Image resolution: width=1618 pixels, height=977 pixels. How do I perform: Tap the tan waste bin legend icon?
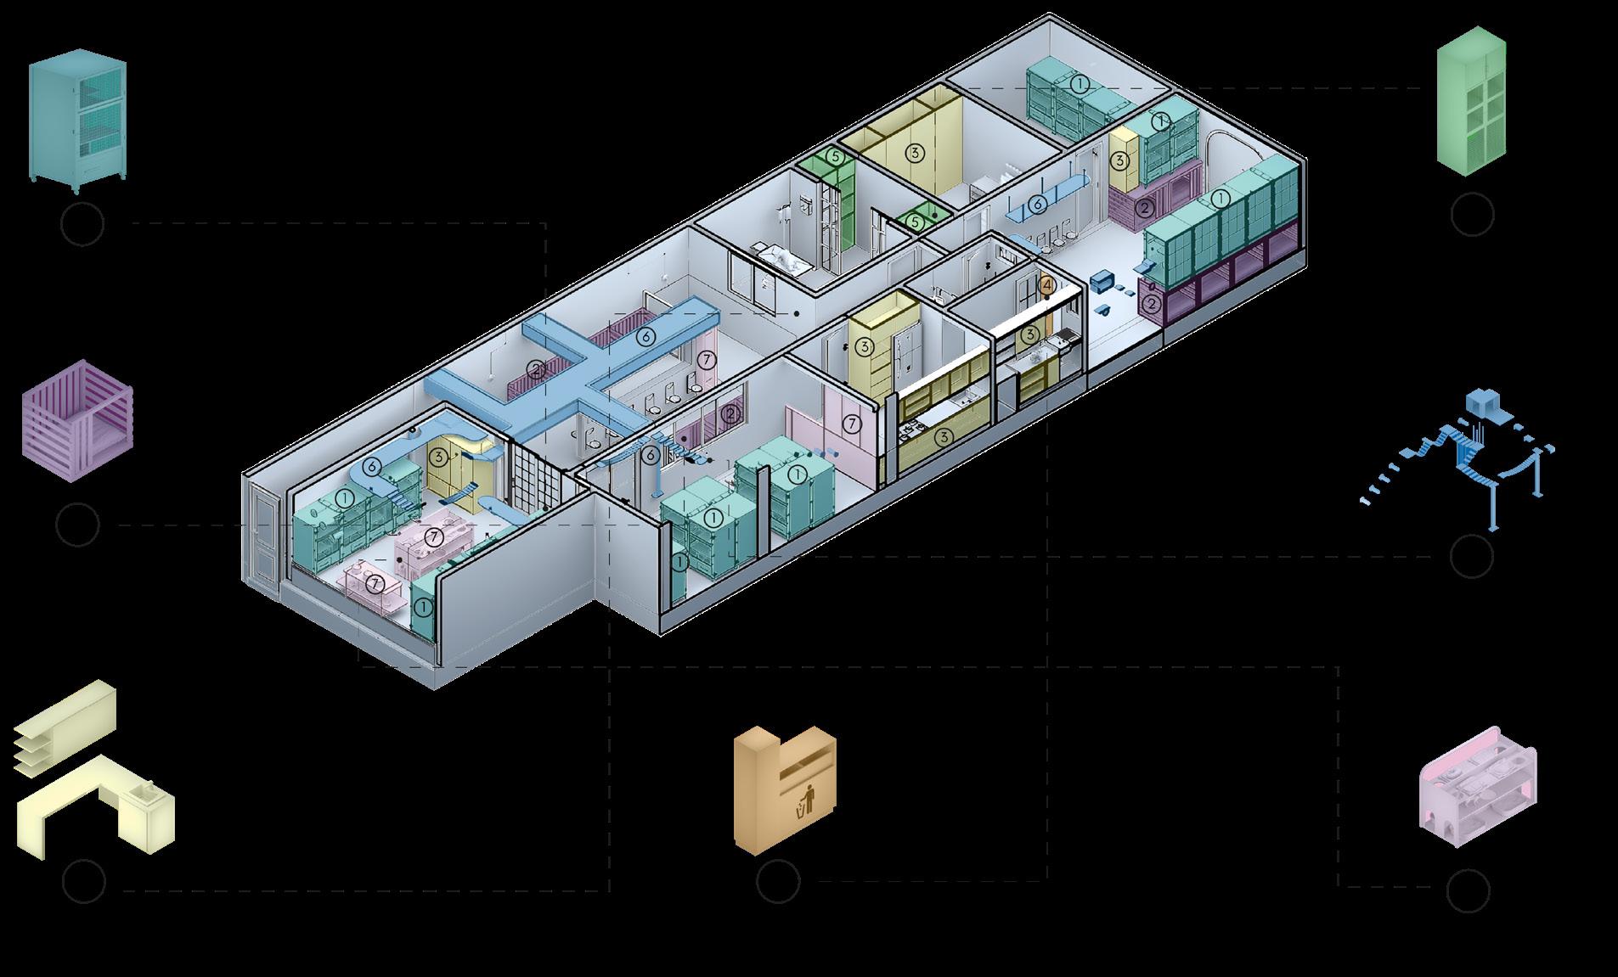(x=785, y=789)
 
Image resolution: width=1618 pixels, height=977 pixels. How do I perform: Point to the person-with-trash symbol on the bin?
(x=806, y=798)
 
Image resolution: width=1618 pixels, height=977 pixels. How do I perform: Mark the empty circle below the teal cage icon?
(x=83, y=224)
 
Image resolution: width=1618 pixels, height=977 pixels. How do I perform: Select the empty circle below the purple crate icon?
(x=77, y=525)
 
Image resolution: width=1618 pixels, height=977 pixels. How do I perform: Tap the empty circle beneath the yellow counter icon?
(x=84, y=882)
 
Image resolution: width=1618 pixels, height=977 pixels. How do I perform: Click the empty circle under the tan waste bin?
(x=777, y=881)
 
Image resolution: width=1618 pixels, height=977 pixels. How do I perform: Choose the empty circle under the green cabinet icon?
(x=1472, y=214)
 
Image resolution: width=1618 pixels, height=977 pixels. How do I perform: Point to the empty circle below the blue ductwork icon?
(x=1471, y=556)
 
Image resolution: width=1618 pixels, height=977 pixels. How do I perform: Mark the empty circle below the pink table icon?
(x=1469, y=888)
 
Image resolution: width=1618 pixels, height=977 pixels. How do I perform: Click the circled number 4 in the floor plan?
(x=1047, y=285)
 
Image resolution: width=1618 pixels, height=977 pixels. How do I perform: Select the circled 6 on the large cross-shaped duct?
(x=646, y=337)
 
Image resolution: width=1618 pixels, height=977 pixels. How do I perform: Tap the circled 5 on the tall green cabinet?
(x=835, y=157)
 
